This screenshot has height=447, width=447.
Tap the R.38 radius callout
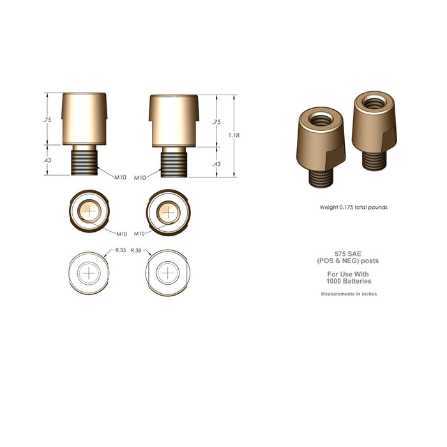point(136,251)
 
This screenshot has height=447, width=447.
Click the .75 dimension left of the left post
point(47,120)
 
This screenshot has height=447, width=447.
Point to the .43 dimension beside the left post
point(47,160)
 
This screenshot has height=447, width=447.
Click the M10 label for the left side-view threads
point(120,177)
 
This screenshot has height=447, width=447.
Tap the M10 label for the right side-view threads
point(140,178)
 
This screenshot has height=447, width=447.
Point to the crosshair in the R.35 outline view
point(89,273)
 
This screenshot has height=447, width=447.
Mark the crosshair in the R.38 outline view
point(168,273)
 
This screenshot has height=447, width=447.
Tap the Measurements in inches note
point(348,294)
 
